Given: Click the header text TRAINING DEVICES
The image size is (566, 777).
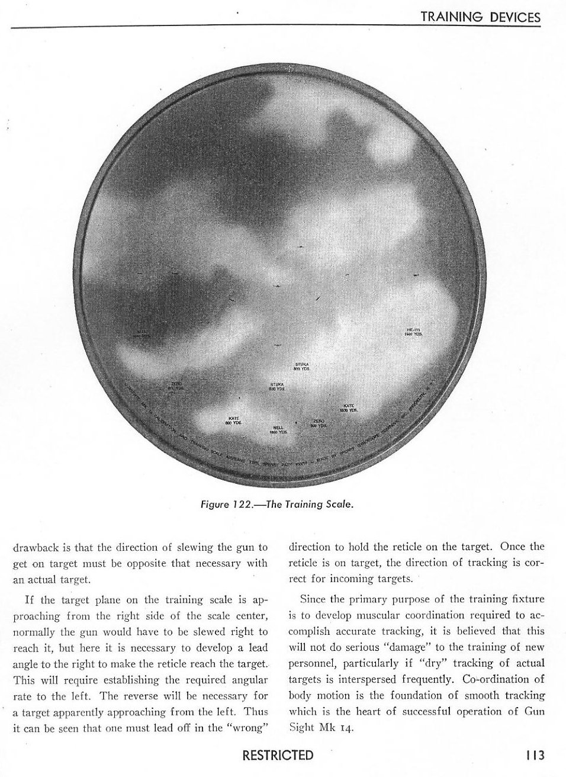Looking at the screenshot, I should [480, 17].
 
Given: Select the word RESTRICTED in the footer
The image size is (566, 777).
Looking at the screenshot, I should [278, 755].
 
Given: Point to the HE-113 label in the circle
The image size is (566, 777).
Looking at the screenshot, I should [413, 332].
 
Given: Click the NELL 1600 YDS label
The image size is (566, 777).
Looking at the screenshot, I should [278, 430].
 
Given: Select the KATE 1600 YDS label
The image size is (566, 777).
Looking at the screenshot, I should [349, 407].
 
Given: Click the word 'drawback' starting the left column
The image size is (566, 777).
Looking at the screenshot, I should [33, 547].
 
